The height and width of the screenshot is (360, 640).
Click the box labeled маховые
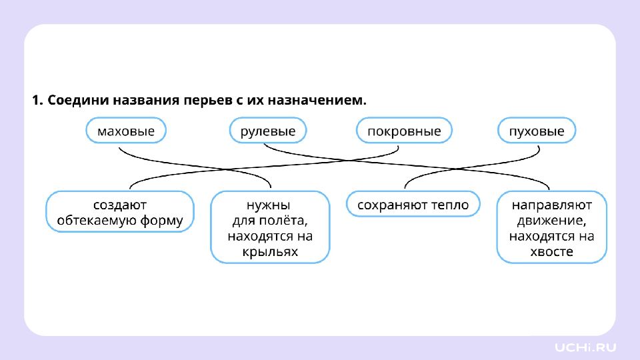point(126,131)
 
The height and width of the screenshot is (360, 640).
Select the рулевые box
point(268,131)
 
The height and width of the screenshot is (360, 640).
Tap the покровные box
point(404,131)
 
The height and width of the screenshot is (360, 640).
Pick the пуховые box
point(536,131)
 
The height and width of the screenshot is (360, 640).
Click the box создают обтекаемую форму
point(119,212)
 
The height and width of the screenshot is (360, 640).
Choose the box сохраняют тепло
point(413,204)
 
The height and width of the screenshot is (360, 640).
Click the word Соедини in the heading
point(78,100)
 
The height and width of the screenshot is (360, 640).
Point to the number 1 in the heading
point(36,100)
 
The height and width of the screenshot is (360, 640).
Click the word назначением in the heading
point(317,100)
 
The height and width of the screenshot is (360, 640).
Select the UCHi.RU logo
point(585,347)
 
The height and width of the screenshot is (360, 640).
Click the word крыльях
point(270,251)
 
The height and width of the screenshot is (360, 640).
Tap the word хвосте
point(551,251)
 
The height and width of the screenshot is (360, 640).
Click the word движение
point(551,221)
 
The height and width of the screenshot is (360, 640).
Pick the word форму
point(161,221)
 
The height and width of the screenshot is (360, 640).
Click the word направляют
point(551,205)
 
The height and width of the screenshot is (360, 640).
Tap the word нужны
point(268,205)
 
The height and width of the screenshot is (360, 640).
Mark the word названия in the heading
point(146,100)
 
